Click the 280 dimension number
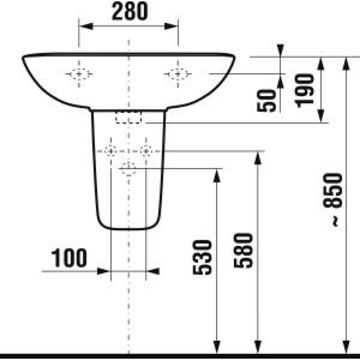point(130,11)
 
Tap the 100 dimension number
point(69,258)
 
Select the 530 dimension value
point(202,257)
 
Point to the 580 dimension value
point(243,251)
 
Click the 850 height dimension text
point(333,190)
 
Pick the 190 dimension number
point(305,91)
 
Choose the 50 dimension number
point(266,100)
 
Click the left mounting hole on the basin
point(79,74)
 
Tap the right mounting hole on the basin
point(178,74)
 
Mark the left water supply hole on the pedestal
point(111,151)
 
